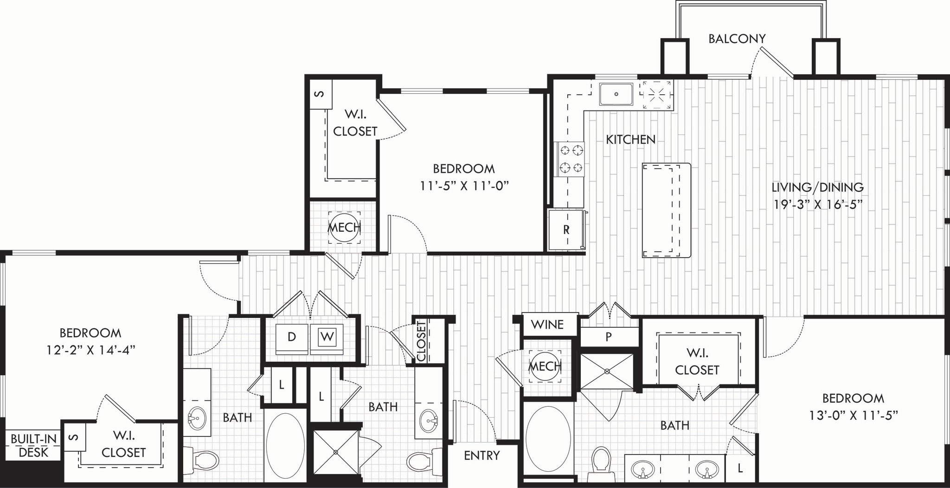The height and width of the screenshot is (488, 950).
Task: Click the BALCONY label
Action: coord(737,39)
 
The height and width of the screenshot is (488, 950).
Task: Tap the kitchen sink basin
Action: coord(616,94)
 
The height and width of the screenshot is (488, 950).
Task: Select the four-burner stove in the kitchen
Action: coord(571,158)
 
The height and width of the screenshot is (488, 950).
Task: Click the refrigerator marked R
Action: coord(566,230)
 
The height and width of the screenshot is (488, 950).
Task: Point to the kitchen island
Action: coord(667,210)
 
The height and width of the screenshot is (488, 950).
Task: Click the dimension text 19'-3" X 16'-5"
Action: coord(817,205)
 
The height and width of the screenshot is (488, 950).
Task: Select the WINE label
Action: coord(547,325)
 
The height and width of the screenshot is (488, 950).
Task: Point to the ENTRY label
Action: coord(482,455)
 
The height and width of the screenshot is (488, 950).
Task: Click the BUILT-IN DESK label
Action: coord(33,446)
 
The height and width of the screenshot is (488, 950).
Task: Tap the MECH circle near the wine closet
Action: coord(545,366)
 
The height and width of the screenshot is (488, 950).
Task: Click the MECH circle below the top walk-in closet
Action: coord(344,228)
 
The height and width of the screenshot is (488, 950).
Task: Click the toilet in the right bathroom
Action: coord(602,461)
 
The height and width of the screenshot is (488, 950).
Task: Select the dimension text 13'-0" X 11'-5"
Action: coord(853,415)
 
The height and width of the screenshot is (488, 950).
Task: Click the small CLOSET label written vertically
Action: coord(421,341)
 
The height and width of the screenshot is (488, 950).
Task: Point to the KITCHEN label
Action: coord(630,139)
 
